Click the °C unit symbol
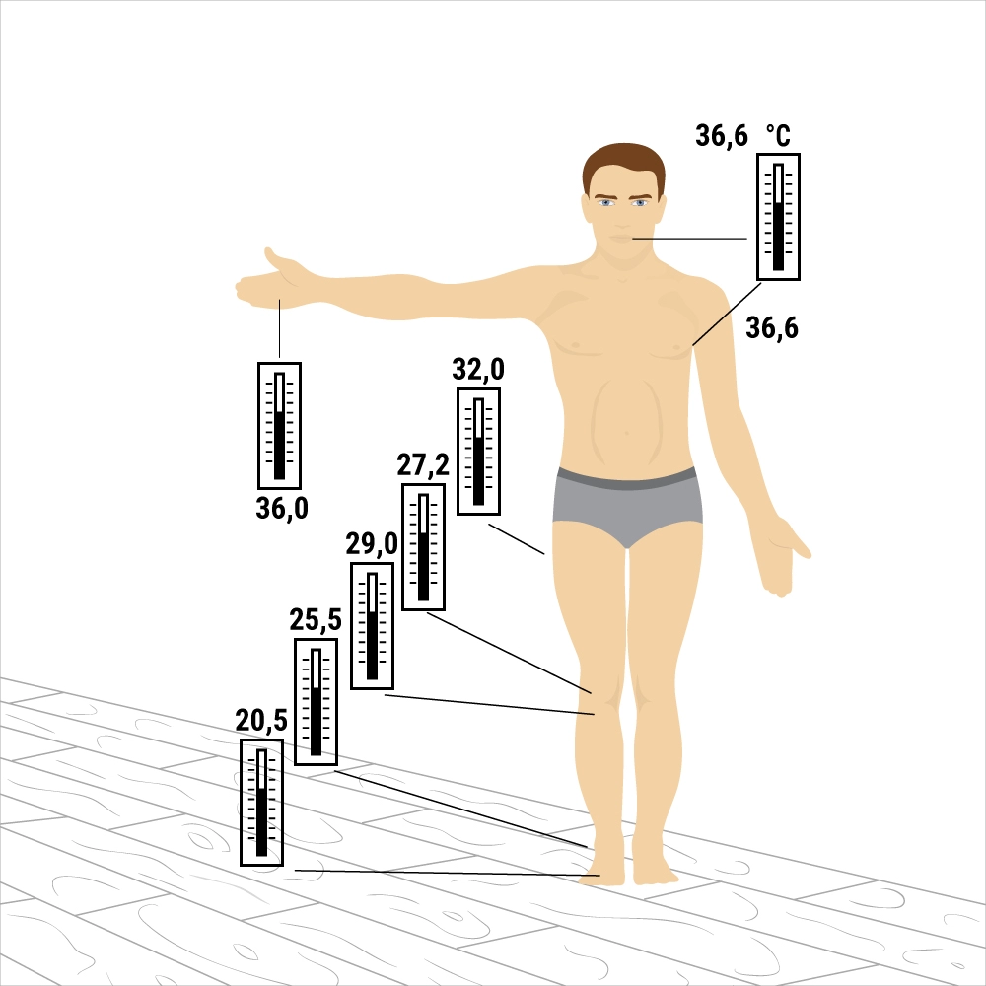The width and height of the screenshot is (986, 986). [x=778, y=135]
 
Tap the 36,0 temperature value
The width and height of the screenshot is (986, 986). [x=282, y=508]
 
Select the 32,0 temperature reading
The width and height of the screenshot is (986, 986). [x=478, y=369]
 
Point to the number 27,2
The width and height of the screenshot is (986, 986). [x=423, y=464]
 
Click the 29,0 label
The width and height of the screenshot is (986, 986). [x=371, y=543]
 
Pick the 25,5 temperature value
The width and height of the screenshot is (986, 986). [x=316, y=619]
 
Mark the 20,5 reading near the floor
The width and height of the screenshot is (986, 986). [x=261, y=720]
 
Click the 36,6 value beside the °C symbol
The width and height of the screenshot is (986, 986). [x=722, y=136]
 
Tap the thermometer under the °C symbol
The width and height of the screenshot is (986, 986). [x=778, y=216]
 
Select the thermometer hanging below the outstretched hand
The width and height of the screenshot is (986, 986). [x=279, y=426]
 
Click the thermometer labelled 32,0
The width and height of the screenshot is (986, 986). [x=478, y=452]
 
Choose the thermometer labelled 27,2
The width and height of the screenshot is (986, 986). [x=423, y=547]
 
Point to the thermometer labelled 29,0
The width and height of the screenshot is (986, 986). [x=372, y=626]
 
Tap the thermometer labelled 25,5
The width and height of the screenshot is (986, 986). [x=316, y=702]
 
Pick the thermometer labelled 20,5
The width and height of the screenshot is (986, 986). [x=261, y=803]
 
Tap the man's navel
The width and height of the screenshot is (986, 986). [x=626, y=433]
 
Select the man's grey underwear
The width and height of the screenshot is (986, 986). [x=627, y=503]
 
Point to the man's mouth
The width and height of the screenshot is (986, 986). [x=623, y=239]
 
